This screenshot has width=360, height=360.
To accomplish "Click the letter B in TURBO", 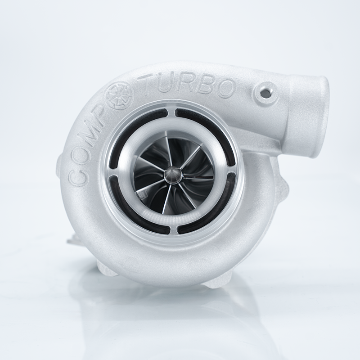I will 220,85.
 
